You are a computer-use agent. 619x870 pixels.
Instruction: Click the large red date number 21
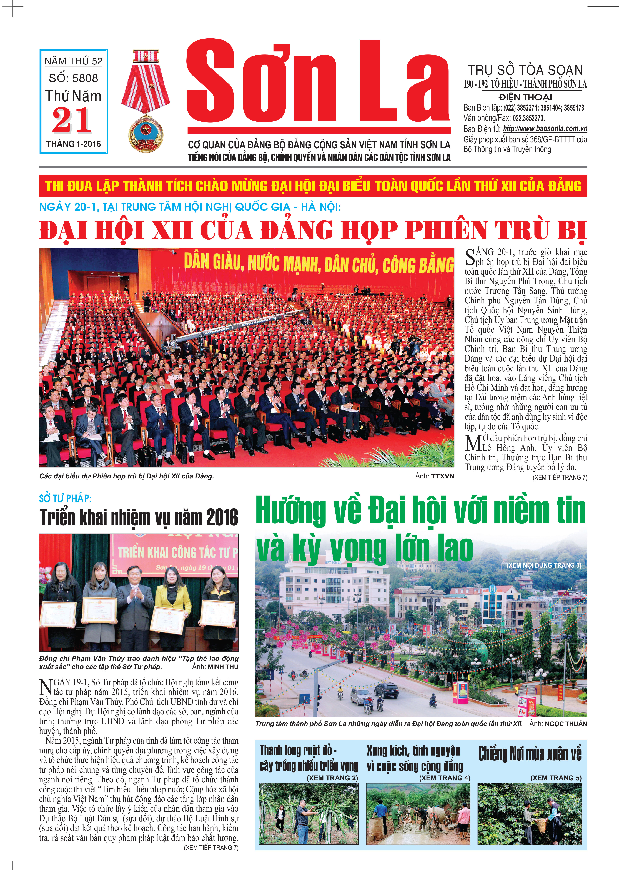[x=72, y=121]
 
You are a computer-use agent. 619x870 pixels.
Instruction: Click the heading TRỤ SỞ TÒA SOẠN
[x=525, y=70]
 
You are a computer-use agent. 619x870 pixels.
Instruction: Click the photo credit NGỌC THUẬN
[x=566, y=724]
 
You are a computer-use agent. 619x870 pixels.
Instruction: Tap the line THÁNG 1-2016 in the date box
[x=74, y=144]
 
